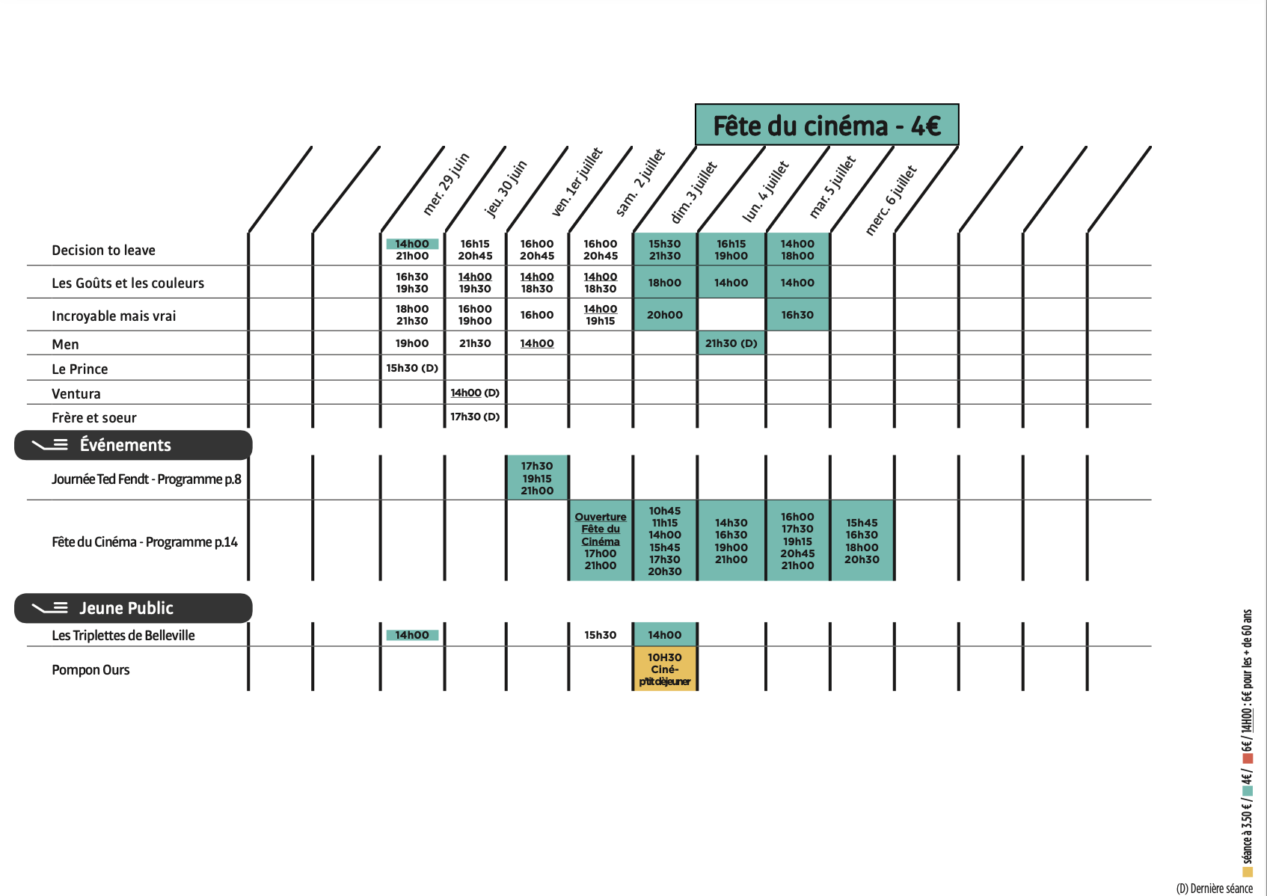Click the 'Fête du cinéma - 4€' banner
tap(826, 125)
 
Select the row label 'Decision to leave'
tap(103, 251)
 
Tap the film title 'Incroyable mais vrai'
tap(114, 316)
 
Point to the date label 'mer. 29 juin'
tap(447, 184)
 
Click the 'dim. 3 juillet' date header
tap(694, 192)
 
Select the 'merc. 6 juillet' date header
tap(890, 200)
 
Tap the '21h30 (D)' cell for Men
tap(731, 343)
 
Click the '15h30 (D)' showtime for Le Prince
tap(412, 368)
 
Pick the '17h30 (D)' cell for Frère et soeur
tap(475, 417)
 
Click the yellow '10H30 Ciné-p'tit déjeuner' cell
tap(665, 669)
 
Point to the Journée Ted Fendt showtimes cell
tap(537, 478)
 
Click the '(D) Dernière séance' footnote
tap(1214, 889)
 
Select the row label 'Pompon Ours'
tap(90, 670)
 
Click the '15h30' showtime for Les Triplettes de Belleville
tap(601, 635)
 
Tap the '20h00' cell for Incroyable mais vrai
tap(665, 315)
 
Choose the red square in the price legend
tap(1247, 758)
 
